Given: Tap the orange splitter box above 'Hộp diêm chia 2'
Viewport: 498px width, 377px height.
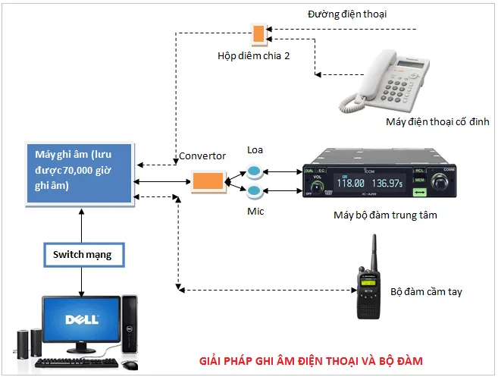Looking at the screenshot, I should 259,33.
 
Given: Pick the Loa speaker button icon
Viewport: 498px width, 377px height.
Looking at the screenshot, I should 255,171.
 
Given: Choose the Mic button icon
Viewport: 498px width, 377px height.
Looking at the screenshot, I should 255,190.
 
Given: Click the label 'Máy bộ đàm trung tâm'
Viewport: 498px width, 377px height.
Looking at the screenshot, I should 385,215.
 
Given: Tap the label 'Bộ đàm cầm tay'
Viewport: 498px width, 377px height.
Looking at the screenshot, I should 426,291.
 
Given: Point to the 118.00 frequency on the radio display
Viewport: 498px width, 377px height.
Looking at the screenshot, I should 351,183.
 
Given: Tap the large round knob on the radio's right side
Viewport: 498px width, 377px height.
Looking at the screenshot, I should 442,184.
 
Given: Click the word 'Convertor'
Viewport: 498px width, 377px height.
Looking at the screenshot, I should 202,156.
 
